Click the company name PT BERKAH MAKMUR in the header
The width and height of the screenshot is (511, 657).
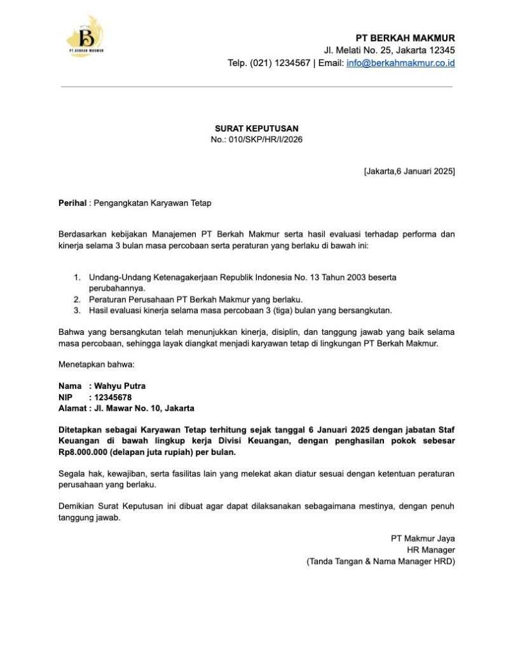[406, 38]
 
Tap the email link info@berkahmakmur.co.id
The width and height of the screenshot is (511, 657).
[401, 63]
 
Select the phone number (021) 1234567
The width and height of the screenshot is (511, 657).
[279, 63]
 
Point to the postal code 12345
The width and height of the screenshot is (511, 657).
[442, 50]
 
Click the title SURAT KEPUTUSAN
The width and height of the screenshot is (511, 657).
[256, 128]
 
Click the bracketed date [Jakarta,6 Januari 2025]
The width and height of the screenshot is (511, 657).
[409, 171]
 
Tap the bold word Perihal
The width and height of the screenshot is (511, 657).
[72, 203]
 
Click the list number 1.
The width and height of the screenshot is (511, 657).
[76, 277]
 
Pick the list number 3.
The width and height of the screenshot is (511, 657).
[76, 311]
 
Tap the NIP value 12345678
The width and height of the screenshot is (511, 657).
[113, 397]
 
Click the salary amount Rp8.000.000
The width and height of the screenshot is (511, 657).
[85, 452]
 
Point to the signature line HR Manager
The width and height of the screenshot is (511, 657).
[431, 550]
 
